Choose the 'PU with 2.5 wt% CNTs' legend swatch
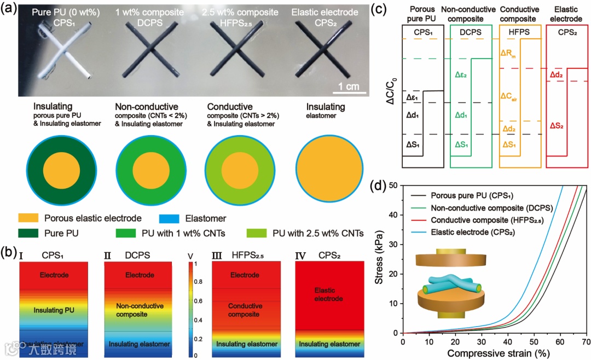tap(257, 234)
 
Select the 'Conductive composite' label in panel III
tap(245, 310)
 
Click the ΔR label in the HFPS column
tap(509, 53)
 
